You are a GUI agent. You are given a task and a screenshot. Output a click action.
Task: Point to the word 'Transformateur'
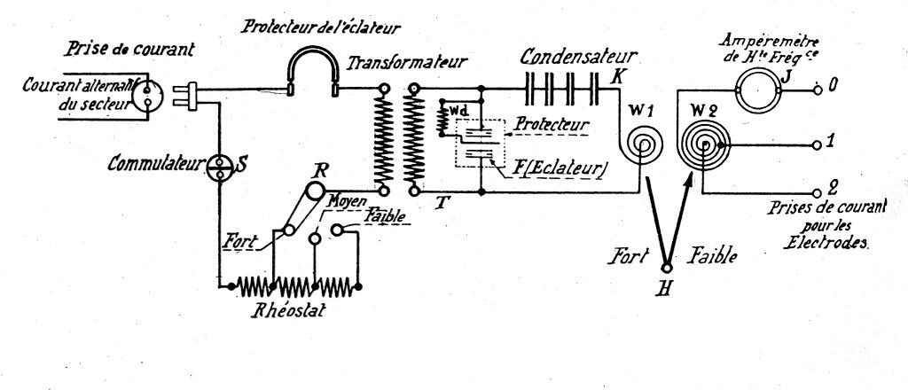[407, 63]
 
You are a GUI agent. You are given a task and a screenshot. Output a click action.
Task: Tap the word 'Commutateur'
[155, 164]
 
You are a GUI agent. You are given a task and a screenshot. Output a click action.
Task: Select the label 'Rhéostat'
[288, 312]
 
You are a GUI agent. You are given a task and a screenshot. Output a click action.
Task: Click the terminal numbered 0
[833, 87]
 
